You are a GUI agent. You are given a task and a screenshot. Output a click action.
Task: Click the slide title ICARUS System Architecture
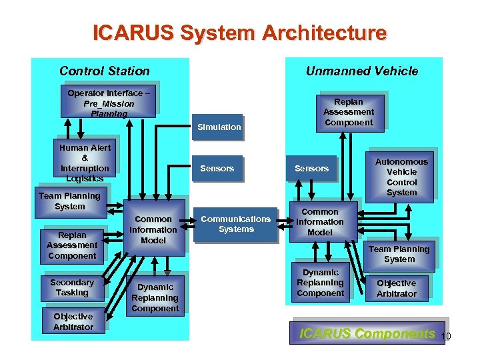[239, 33]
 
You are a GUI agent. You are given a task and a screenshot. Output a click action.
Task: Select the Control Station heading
[105, 71]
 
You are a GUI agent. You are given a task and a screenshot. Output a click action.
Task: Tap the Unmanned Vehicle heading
[361, 71]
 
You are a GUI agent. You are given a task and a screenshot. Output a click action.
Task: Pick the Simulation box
[219, 127]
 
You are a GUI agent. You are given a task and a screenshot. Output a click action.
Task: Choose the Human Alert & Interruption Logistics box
[85, 163]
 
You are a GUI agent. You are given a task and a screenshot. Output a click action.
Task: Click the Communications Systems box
[236, 224]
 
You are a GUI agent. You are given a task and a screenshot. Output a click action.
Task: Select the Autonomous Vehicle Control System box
[401, 177]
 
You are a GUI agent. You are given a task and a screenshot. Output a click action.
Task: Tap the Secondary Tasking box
[72, 287]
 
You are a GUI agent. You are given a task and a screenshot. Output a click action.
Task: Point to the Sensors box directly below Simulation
[217, 169]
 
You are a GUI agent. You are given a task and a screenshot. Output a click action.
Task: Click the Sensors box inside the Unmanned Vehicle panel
[311, 169]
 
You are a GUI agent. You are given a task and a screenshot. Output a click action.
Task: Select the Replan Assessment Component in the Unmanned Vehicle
[348, 112]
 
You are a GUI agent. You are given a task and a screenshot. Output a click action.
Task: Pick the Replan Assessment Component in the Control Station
[72, 245]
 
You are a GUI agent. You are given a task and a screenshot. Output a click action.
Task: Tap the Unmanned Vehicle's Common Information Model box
[320, 222]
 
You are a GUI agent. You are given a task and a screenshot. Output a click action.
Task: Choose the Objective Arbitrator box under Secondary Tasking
[73, 321]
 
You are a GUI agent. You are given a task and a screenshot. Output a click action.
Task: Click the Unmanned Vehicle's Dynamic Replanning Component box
[320, 283]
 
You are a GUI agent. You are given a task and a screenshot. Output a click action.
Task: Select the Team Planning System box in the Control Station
[69, 201]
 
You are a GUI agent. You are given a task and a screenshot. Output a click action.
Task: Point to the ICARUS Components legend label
[367, 333]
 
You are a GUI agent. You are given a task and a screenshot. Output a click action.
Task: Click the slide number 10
[446, 337]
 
